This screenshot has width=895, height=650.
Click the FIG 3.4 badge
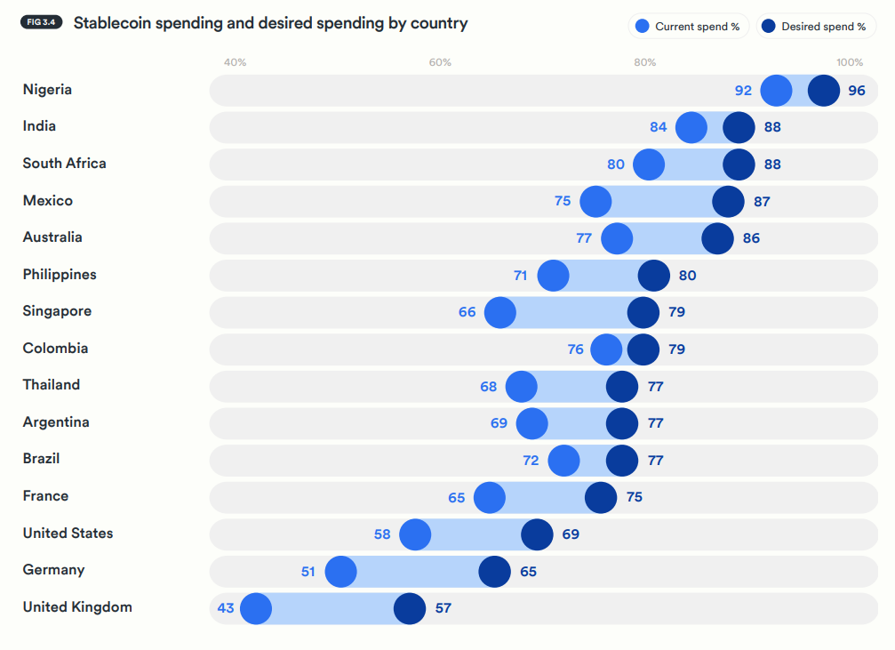[x=41, y=22]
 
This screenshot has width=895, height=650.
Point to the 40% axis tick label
[x=235, y=62]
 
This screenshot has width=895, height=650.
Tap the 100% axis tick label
[x=849, y=62]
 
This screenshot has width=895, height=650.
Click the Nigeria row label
[x=47, y=90]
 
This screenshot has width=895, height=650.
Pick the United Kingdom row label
[x=77, y=607]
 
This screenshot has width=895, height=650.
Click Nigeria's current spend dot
[x=777, y=91]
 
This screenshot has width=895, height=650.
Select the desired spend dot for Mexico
[x=728, y=202]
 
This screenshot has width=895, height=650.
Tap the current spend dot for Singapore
[x=500, y=313]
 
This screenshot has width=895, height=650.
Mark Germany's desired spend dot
[x=494, y=572]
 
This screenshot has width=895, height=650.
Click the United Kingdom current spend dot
[x=256, y=609]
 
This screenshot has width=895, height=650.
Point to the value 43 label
[x=226, y=609]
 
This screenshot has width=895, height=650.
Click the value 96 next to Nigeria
[x=856, y=91]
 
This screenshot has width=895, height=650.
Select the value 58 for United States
[x=382, y=534]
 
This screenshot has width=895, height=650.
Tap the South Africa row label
[x=64, y=164]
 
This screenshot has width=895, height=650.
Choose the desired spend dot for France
[x=601, y=498]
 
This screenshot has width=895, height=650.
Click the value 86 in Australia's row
[x=751, y=238]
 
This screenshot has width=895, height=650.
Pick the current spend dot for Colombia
[x=606, y=349]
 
